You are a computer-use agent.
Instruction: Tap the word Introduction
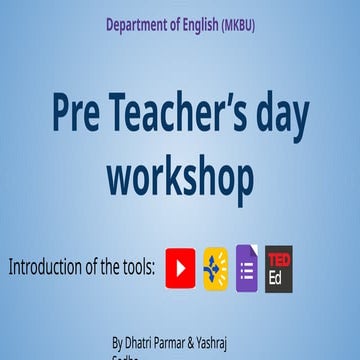click(50, 267)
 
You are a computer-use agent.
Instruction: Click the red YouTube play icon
click(180, 269)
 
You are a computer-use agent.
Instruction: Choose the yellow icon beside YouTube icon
click(214, 269)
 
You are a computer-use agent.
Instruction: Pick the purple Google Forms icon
click(246, 269)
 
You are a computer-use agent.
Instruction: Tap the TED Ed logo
click(279, 269)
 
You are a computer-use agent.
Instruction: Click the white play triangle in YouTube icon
click(180, 269)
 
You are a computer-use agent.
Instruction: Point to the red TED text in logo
click(279, 260)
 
